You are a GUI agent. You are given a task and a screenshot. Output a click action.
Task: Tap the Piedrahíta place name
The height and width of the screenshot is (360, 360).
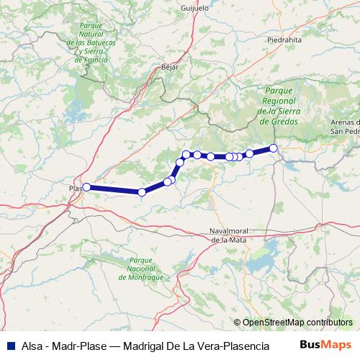click(x=284, y=41)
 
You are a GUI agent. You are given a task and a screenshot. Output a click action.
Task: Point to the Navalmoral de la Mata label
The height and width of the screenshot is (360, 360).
click(x=228, y=234)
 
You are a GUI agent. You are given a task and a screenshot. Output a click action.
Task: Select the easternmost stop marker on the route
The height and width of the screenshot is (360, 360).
click(x=274, y=148)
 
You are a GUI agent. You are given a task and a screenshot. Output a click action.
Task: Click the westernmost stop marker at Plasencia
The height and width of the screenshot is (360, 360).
click(x=86, y=187)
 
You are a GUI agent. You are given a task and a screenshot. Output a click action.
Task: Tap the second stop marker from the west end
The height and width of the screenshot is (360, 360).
click(x=142, y=192)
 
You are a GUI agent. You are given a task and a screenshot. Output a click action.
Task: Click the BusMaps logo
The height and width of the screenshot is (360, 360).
click(x=325, y=345)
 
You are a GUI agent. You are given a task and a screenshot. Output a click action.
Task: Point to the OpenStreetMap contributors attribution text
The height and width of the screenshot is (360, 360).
click(x=297, y=322)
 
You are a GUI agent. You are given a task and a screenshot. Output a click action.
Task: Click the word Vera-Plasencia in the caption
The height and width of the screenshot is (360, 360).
click(x=233, y=345)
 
